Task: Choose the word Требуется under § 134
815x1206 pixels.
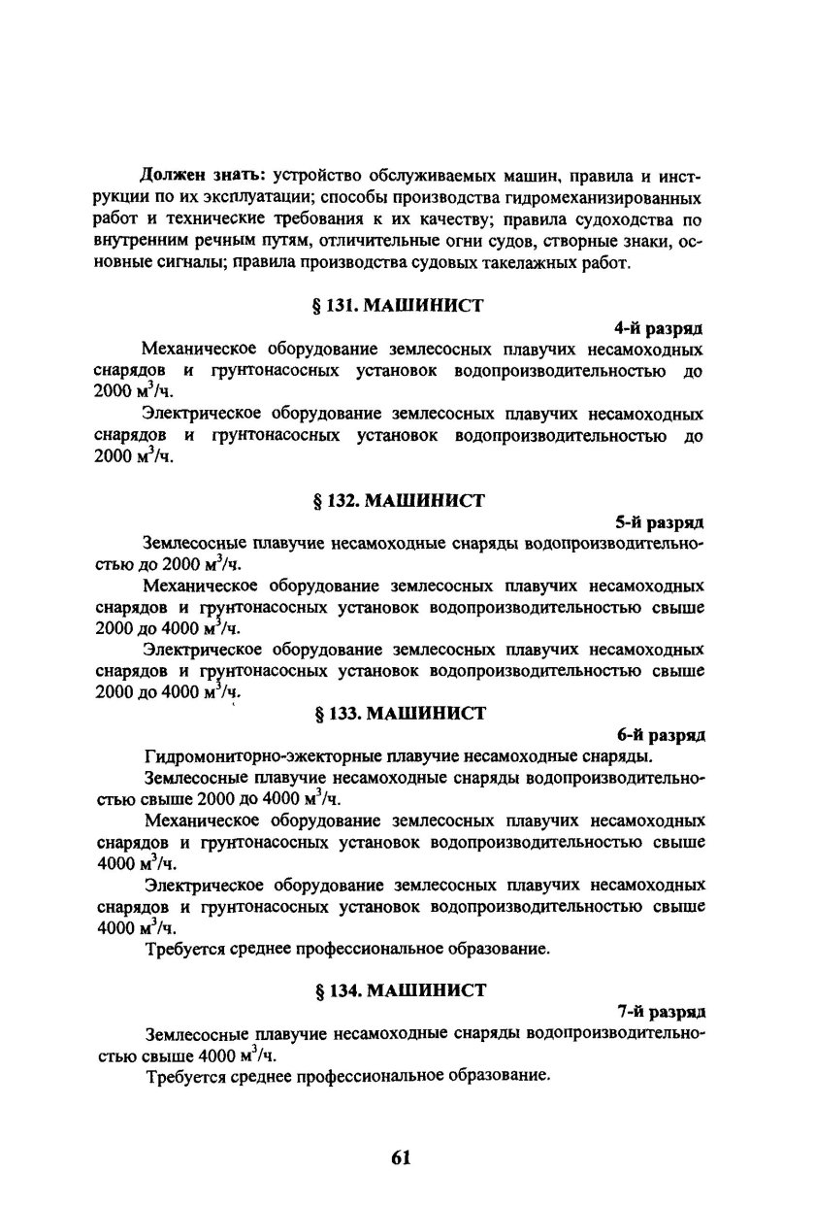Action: [x=188, y=1076]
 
